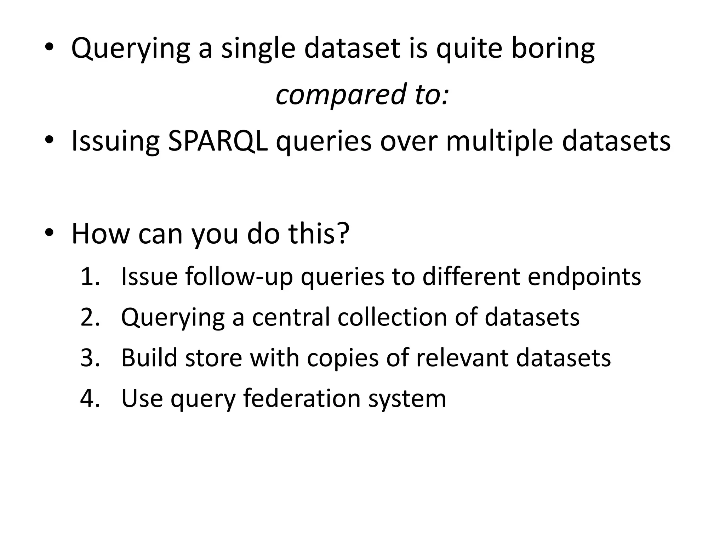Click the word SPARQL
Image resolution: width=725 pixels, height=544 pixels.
click(217, 141)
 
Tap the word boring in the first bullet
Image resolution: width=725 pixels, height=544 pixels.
click(553, 49)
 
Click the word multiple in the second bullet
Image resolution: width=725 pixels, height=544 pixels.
click(499, 141)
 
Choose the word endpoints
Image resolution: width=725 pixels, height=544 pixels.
click(584, 277)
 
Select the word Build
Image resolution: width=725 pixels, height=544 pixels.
click(149, 358)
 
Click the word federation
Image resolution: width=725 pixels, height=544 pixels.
click(301, 398)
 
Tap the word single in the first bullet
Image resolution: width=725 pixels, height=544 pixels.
click(258, 49)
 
